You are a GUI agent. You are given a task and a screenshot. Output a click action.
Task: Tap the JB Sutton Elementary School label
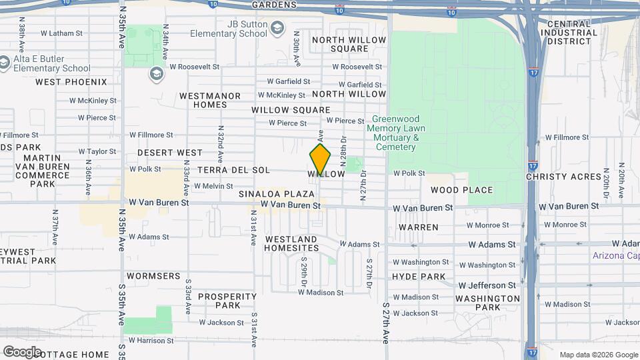228,29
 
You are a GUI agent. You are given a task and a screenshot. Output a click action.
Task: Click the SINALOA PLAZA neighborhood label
276,194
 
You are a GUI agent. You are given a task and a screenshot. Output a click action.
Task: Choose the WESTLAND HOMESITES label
291,243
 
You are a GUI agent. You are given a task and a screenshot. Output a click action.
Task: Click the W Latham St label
61,33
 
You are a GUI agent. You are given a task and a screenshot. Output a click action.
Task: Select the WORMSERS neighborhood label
153,275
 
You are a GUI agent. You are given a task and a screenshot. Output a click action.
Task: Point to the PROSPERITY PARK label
227,301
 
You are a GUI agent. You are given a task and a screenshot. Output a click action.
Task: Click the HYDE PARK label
419,277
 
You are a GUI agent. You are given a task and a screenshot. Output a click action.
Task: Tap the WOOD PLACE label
466,190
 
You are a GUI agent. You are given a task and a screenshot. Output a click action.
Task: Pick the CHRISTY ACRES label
564,177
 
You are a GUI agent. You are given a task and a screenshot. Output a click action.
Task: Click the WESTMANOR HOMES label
210,100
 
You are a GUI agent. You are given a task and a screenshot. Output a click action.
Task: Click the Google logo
22,351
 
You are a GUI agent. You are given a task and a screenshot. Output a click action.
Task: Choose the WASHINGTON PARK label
488,303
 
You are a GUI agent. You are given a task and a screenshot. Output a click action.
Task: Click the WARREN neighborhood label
419,227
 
